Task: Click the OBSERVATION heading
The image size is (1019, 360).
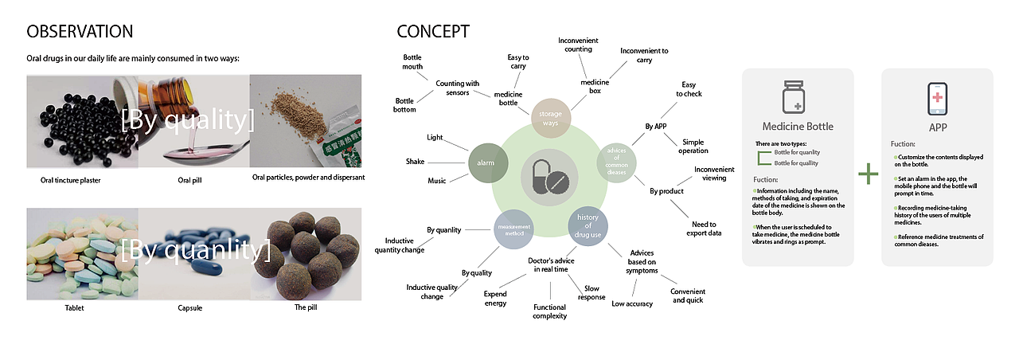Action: pyautogui.click(x=80, y=32)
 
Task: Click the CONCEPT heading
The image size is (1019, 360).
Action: pyautogui.click(x=433, y=32)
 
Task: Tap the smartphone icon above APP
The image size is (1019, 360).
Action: pyautogui.click(x=937, y=100)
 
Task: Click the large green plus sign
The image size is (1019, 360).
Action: pyautogui.click(x=868, y=174)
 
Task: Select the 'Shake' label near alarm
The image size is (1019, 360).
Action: pyautogui.click(x=415, y=162)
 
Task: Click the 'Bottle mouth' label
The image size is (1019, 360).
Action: pyautogui.click(x=412, y=62)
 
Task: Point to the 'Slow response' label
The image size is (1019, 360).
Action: pyautogui.click(x=591, y=293)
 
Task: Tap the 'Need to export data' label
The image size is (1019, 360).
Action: pyautogui.click(x=703, y=229)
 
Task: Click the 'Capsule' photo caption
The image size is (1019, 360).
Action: pyautogui.click(x=194, y=307)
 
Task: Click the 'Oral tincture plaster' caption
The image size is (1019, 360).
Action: pyautogui.click(x=71, y=180)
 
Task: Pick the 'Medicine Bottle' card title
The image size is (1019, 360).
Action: pyautogui.click(x=798, y=126)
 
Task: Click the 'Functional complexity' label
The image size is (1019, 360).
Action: pyautogui.click(x=550, y=311)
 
